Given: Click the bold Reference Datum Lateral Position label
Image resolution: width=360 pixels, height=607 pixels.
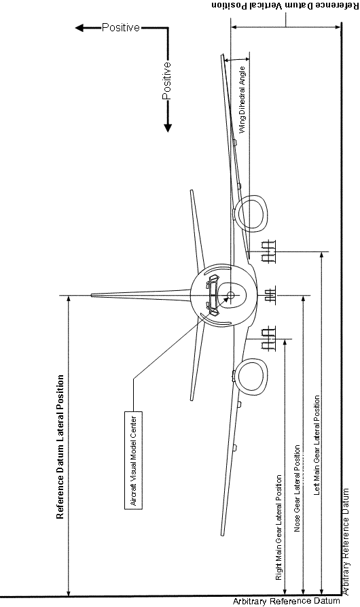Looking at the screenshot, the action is pyautogui.click(x=60, y=447).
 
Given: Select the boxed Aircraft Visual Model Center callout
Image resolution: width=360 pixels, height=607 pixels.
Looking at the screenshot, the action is pyautogui.click(x=133, y=460).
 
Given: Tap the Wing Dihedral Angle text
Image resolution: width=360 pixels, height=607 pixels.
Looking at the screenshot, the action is pyautogui.click(x=242, y=100).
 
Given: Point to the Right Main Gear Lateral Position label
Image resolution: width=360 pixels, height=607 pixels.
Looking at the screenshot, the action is pyautogui.click(x=278, y=527).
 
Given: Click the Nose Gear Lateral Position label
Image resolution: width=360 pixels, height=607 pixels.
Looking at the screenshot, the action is pyautogui.click(x=297, y=488).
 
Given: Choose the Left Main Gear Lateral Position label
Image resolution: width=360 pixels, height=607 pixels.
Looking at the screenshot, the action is pyautogui.click(x=317, y=445).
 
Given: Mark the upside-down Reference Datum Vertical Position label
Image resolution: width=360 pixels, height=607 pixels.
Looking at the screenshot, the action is pyautogui.click(x=285, y=5).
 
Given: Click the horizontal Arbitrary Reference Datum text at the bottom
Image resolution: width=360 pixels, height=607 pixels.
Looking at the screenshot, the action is pyautogui.click(x=286, y=601).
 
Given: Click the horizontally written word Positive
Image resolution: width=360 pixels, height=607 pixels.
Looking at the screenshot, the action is pyautogui.click(x=121, y=27).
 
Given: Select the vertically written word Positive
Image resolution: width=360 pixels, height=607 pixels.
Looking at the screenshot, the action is pyautogui.click(x=166, y=80).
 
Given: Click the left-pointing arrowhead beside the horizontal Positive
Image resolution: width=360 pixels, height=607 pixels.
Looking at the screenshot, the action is pyautogui.click(x=79, y=28).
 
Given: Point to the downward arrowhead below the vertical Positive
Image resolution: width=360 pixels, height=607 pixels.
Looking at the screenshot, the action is pyautogui.click(x=167, y=128).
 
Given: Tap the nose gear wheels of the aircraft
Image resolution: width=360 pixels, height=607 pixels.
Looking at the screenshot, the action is pyautogui.click(x=270, y=296).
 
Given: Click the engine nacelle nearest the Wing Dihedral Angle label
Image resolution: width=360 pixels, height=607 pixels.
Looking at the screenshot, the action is pyautogui.click(x=253, y=214).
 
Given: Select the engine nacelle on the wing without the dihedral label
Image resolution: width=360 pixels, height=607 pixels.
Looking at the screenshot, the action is pyautogui.click(x=253, y=377).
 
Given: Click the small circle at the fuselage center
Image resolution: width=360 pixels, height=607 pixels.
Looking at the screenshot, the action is pyautogui.click(x=230, y=296).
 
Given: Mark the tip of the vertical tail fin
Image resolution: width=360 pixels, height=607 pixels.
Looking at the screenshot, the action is pyautogui.click(x=92, y=296).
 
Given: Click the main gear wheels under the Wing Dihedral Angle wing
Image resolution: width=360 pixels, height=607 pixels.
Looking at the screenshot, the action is pyautogui.click(x=268, y=252).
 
